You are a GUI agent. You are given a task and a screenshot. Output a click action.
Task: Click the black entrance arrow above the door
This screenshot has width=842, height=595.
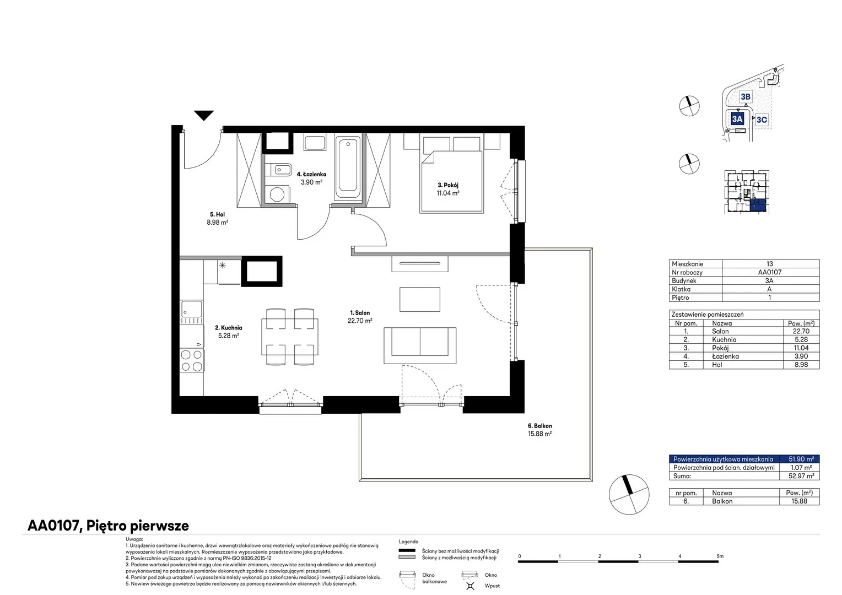[204, 115]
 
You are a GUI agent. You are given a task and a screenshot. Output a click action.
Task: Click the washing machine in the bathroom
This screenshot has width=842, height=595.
[277, 194]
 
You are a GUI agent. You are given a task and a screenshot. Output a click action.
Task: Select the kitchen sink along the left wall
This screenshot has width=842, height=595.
[192, 312]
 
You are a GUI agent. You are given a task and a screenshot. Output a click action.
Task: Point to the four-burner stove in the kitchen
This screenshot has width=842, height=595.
[192, 360]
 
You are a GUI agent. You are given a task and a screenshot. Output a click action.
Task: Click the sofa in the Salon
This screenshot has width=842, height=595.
[420, 345]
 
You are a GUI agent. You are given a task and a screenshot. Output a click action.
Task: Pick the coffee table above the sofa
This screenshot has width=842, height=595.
[419, 299]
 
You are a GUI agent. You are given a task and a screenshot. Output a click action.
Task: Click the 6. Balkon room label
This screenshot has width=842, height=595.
[540, 426]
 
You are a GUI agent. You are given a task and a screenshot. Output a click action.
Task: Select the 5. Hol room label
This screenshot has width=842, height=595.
[217, 215]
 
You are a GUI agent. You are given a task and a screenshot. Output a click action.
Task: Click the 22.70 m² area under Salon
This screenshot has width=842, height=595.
[360, 321]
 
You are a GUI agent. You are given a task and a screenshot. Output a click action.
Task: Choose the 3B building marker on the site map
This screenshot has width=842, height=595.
[746, 97]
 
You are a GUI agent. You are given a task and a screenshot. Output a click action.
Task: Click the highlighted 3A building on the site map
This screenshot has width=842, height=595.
[737, 119]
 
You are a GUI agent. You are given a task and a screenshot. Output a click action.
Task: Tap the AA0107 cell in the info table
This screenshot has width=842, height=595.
[769, 272]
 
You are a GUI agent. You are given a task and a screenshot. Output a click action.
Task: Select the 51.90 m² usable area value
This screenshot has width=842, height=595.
[801, 459]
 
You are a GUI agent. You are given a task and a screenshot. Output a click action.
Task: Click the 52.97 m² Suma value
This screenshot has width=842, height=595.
[801, 476]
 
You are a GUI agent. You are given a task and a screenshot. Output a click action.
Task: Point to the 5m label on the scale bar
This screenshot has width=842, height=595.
[720, 556]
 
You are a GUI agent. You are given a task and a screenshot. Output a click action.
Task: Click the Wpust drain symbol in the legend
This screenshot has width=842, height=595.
[470, 586]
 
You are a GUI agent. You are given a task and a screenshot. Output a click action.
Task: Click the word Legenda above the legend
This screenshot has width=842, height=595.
[408, 542]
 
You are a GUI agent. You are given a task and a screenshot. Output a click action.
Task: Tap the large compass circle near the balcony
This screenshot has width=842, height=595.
[629, 494]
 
